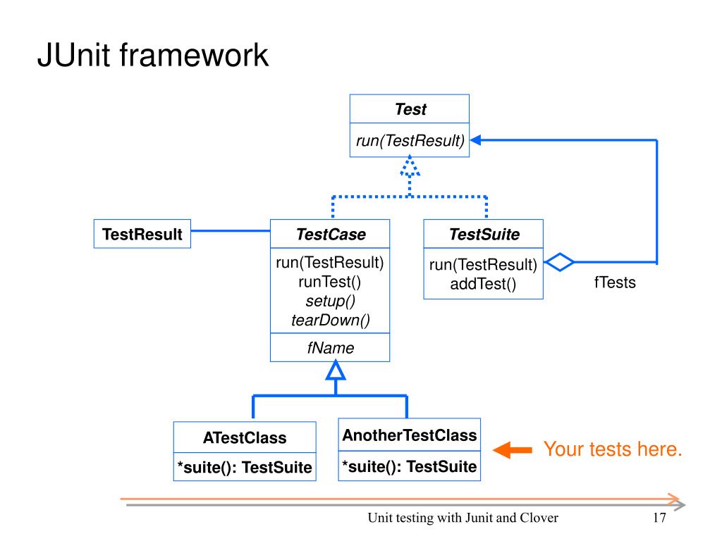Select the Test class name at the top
point(410,109)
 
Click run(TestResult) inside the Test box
point(410,140)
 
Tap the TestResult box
point(142,234)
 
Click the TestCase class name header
point(331,234)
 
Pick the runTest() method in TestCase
point(330,282)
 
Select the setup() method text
point(330,301)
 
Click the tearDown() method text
point(330,321)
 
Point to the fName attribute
point(330,347)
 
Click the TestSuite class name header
point(484,234)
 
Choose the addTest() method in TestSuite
point(484,285)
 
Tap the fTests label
point(615,283)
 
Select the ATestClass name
point(245,437)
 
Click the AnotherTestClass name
point(410,435)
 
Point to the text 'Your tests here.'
point(612,449)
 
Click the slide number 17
point(659,518)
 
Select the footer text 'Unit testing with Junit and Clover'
point(463,518)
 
